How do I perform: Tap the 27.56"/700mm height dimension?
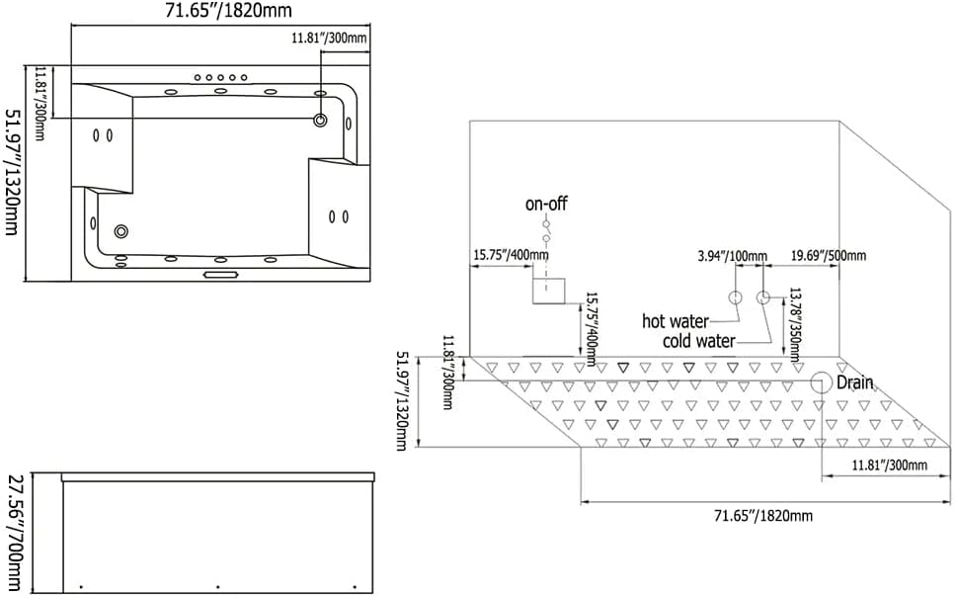[x=15, y=532]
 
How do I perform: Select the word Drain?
[x=855, y=383]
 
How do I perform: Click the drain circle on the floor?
[x=821, y=383]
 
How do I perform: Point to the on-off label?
[x=546, y=205]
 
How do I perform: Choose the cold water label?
[x=699, y=341]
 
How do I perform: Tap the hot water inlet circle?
[x=735, y=298]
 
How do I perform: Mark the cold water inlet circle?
[x=762, y=298]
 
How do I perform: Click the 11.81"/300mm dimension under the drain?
[x=890, y=465]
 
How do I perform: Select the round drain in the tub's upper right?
[x=321, y=121]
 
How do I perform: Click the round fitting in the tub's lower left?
[x=121, y=231]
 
